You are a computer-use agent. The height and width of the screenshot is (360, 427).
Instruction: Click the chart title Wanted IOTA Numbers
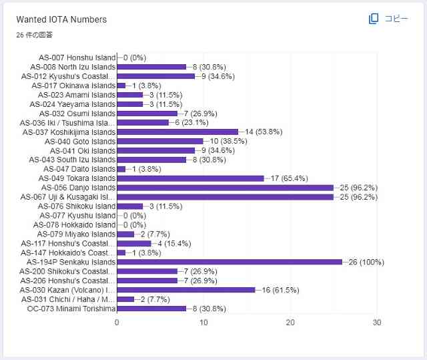pos(61,19)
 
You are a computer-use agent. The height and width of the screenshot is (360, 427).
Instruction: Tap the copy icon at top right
pos(374,19)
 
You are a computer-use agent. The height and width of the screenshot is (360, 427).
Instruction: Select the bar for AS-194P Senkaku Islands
pos(230,262)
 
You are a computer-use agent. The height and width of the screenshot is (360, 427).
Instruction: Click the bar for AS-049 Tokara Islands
pos(190,178)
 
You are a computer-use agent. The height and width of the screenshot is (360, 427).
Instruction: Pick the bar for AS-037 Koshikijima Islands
pos(177,132)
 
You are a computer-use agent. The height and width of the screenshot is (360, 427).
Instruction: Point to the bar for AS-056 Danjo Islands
pos(225,188)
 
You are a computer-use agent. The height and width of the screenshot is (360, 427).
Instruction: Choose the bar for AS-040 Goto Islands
pos(160,141)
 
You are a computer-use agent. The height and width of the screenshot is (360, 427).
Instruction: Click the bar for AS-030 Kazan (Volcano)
pos(186,290)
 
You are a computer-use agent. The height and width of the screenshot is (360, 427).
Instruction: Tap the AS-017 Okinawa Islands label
pos(73,85)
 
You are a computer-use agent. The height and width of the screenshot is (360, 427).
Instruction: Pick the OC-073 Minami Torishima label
pos(71,309)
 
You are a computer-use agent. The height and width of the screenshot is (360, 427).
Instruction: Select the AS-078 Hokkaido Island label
pos(76,224)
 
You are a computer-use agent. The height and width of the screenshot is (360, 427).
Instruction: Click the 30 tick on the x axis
pos(377,323)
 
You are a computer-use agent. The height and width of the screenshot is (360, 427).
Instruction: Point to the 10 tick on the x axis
pos(203,323)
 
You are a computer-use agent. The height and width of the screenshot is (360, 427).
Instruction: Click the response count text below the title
pos(35,34)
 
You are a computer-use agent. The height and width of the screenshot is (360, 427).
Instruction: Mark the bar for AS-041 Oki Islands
pos(155,150)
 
